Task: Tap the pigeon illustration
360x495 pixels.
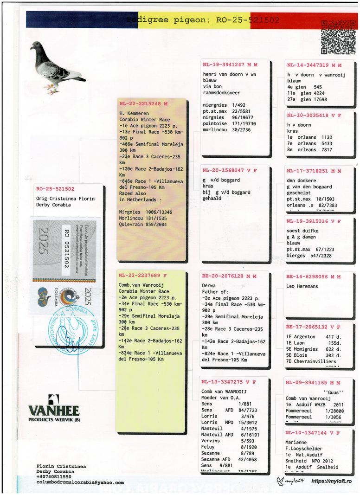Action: tap(56, 67)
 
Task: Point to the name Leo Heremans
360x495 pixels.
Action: tap(302, 286)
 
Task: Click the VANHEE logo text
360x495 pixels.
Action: tap(54, 411)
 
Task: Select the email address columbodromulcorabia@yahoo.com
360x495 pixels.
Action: tap(80, 482)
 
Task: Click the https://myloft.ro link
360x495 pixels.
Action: tap(331, 482)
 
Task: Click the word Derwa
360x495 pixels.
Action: tap(209, 286)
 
